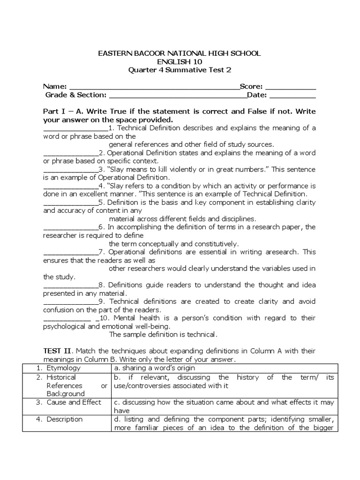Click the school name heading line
(179, 54)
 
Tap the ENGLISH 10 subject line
(179, 62)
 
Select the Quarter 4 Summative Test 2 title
(180, 70)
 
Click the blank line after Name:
(154, 87)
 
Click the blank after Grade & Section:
(178, 96)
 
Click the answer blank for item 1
(75, 128)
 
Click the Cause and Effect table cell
(74, 402)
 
